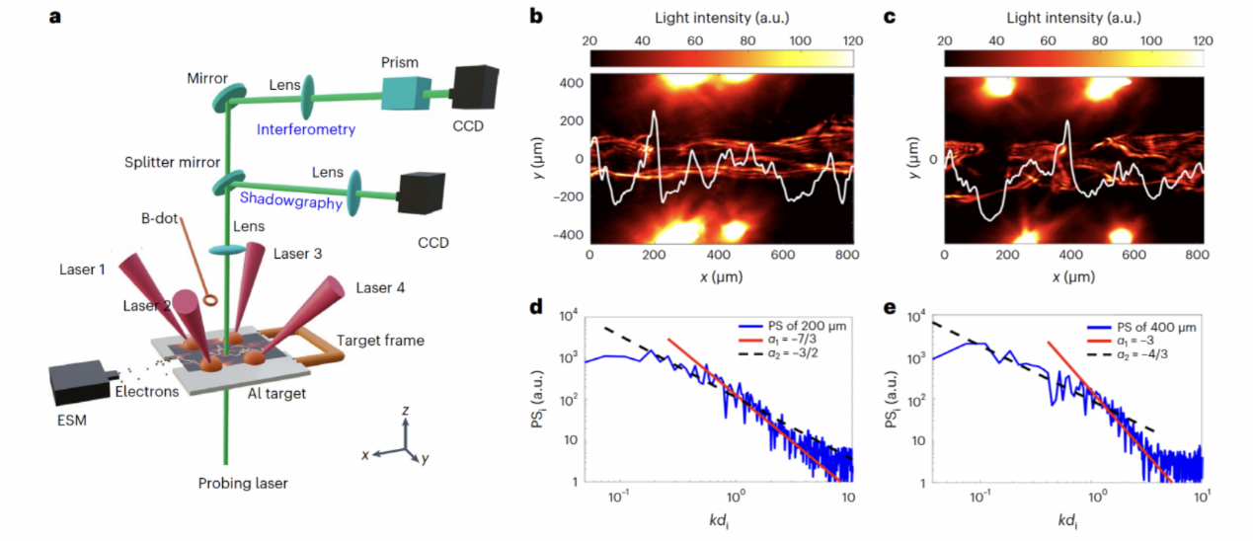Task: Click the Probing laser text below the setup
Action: (243, 483)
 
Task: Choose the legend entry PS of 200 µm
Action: (793, 325)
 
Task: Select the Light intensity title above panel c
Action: (1073, 17)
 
